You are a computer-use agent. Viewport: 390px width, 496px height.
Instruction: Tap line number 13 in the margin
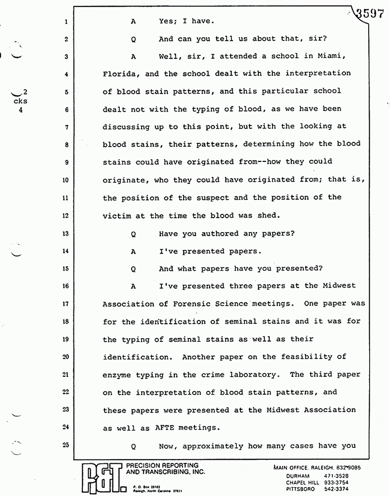pos(66,234)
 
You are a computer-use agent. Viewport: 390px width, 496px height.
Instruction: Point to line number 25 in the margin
pos(66,445)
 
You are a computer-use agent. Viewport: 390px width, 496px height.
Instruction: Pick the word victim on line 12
pos(117,216)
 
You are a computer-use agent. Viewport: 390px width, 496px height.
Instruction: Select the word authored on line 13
pos(222,234)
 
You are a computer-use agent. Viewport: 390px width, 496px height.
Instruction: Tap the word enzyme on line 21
pos(117,375)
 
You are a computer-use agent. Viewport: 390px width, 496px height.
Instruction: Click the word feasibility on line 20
pos(309,357)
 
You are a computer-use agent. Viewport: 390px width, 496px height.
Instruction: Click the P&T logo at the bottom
pos(101,479)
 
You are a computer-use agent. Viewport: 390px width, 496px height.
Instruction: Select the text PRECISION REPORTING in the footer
pos(162,466)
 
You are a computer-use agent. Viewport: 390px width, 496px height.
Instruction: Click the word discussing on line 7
pos(129,126)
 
